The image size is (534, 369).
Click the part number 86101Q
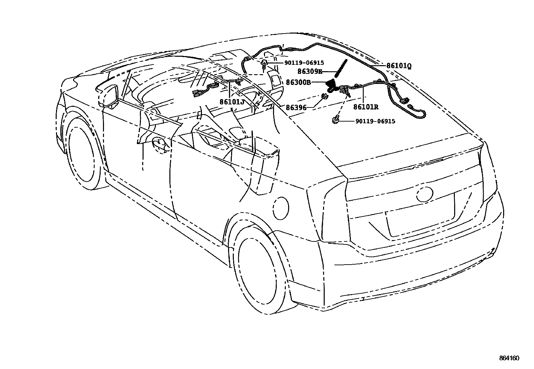399,66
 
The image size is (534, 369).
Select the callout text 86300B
298,82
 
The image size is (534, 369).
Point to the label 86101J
232,101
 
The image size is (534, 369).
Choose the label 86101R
366,107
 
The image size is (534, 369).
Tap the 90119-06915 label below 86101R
375,121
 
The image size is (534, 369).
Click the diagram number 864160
509,358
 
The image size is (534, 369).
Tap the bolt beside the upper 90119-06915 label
264,64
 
